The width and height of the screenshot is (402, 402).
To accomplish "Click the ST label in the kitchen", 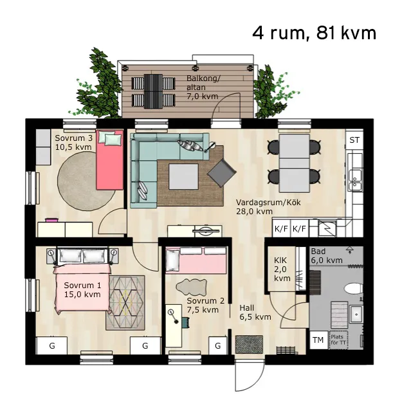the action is click(x=354, y=140).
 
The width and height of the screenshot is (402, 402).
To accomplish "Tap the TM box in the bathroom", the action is click(x=318, y=340).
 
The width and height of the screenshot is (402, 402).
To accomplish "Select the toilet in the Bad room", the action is click(x=354, y=288).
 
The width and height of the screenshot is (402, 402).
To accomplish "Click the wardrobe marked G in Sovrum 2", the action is click(x=218, y=345).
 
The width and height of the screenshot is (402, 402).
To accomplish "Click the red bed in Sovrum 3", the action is click(x=109, y=160).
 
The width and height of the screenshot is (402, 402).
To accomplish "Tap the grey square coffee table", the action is click(x=183, y=177).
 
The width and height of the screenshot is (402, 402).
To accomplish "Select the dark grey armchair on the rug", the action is click(x=221, y=173).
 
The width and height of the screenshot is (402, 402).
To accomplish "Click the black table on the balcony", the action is click(x=153, y=91).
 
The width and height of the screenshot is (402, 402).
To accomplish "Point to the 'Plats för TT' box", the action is click(x=338, y=340).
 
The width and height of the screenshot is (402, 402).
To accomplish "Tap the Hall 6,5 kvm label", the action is click(x=255, y=312).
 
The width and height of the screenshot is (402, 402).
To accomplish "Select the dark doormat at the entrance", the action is click(x=249, y=344).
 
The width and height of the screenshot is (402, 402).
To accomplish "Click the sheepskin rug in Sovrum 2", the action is click(x=191, y=287).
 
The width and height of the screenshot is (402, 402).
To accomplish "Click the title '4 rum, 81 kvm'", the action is click(x=314, y=33).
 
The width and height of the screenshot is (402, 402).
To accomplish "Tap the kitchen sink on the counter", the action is click(x=355, y=180).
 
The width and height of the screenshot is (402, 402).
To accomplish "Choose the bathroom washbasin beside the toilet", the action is click(x=356, y=314).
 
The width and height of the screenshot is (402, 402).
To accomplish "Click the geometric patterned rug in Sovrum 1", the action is click(x=125, y=303).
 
